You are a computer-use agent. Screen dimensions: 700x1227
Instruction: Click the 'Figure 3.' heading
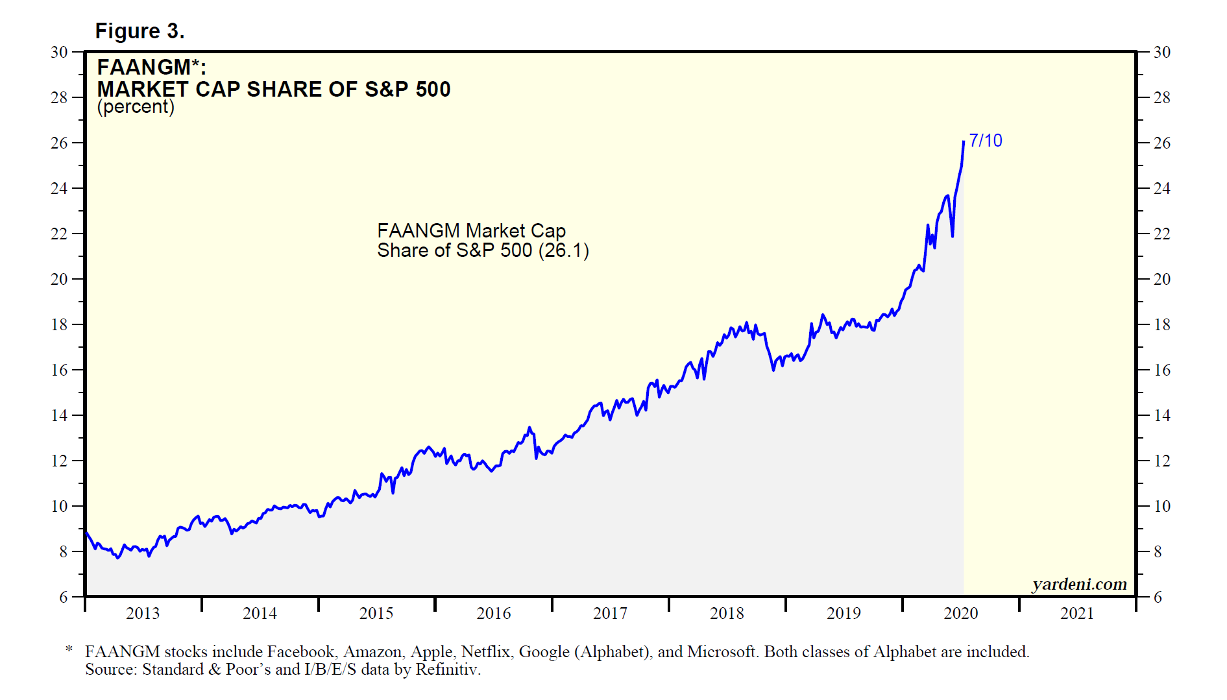(140, 31)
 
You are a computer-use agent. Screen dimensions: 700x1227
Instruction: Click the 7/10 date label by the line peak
(985, 141)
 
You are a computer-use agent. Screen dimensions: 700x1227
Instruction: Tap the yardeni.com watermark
(1079, 585)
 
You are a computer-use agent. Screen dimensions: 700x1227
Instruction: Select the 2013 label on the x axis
(143, 614)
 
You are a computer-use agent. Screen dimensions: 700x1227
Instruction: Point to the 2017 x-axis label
(610, 614)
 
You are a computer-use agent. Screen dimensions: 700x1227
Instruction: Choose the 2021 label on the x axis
(1077, 614)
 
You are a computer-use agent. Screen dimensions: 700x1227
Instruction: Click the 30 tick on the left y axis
(59, 53)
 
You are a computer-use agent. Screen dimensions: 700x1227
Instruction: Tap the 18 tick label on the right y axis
(1161, 325)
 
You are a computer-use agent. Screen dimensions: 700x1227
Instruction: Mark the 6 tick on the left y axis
(64, 597)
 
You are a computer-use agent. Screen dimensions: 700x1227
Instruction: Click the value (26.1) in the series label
(563, 250)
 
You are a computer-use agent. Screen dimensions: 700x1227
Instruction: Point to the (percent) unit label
(136, 107)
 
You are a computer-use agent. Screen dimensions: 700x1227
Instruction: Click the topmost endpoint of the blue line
(964, 141)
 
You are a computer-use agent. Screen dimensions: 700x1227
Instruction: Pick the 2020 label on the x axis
(960, 614)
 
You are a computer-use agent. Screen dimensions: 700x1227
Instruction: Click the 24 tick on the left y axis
(59, 189)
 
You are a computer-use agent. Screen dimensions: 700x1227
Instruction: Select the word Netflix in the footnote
(485, 652)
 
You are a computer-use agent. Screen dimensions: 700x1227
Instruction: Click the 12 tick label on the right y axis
(1161, 461)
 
